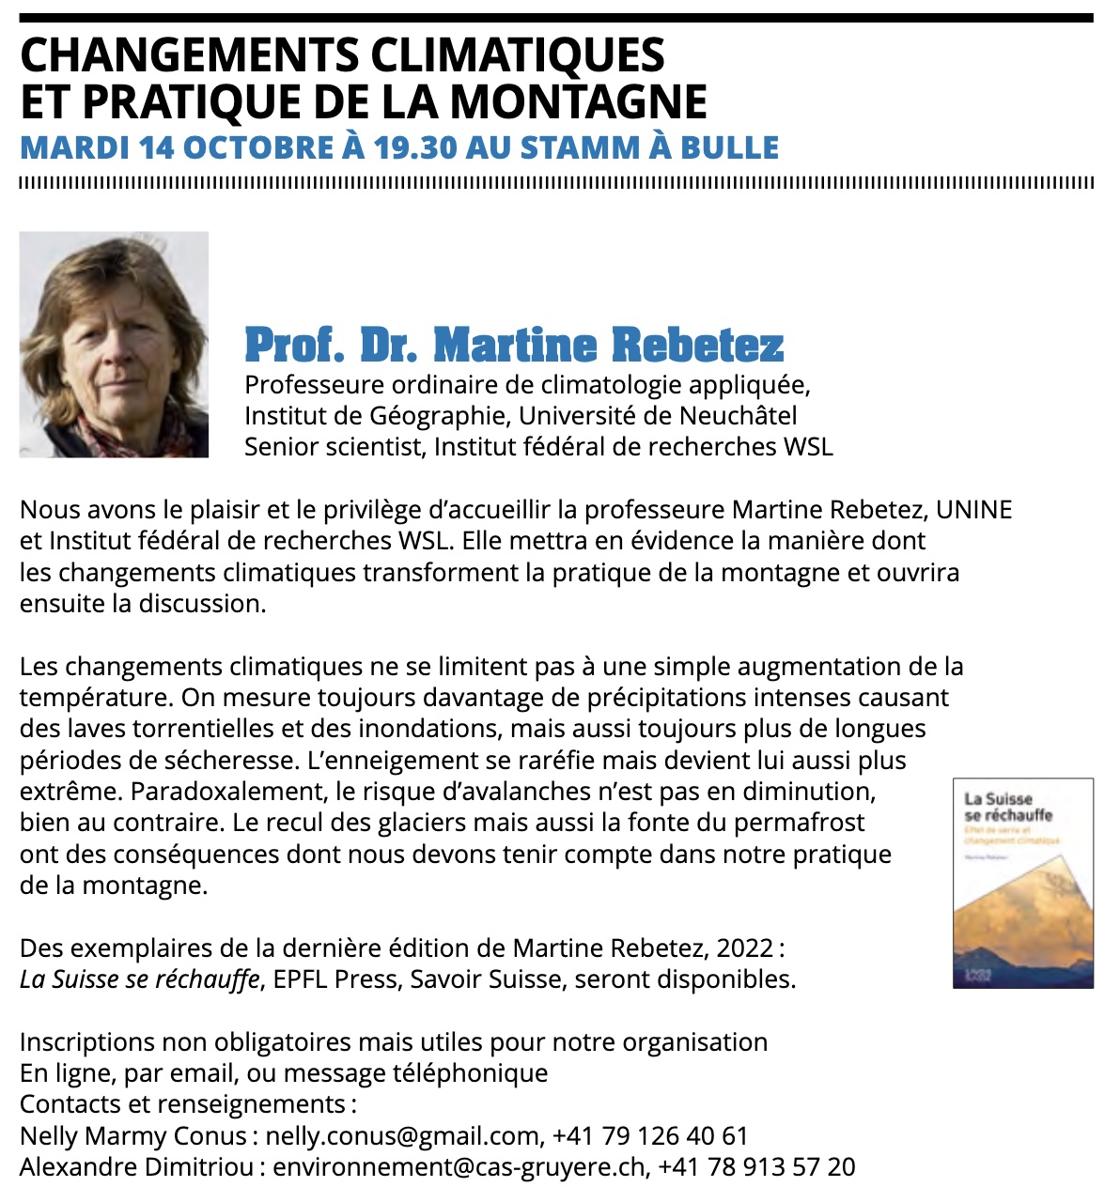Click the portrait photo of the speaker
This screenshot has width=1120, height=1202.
coord(114,345)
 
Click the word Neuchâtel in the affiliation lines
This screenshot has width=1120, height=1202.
coord(739,415)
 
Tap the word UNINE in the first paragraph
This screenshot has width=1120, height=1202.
coord(974,510)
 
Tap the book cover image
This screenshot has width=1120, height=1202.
coord(1023,883)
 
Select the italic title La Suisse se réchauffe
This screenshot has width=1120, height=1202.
coord(140,979)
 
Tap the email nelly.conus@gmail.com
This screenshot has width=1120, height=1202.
coord(401,1136)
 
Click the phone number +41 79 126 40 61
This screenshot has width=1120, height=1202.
coord(650,1136)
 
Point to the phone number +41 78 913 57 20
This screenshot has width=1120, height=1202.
coord(756,1167)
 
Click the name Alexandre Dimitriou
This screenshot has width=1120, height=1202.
coord(136,1167)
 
